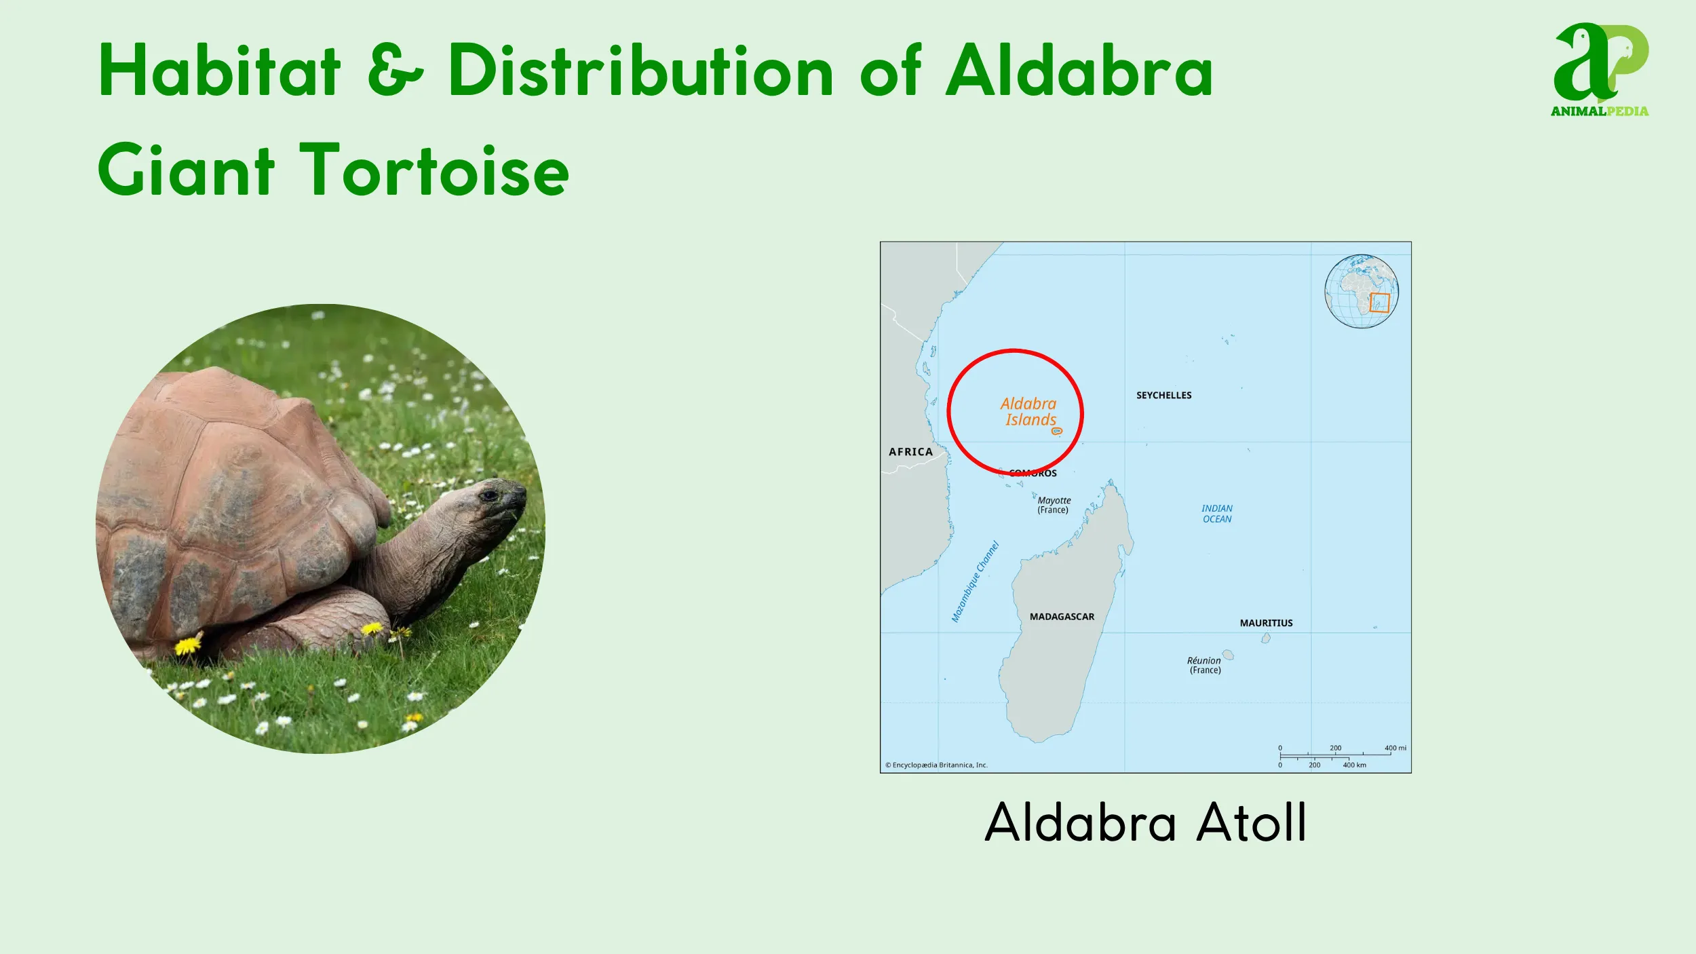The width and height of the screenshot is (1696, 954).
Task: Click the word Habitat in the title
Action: coord(219,71)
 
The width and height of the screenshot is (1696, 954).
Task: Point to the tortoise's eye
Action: coord(488,496)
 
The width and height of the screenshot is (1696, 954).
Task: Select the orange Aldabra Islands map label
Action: coord(1029,412)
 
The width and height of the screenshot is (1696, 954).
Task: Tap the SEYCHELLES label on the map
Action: coord(1163,396)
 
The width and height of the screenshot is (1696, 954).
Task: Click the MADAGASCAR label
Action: coord(1062,617)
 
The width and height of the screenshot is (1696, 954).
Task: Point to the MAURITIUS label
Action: coord(1266,623)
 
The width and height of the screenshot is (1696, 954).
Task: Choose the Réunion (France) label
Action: coord(1204,665)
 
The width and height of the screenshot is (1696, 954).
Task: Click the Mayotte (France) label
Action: coord(1054,505)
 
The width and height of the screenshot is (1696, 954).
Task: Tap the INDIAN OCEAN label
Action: coord(1217,514)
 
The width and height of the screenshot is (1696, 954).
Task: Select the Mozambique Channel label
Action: coord(975,581)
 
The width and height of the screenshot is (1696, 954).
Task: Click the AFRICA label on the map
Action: coord(910,452)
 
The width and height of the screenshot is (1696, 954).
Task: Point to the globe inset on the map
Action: coord(1362,292)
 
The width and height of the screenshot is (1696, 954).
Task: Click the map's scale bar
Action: coord(1334,756)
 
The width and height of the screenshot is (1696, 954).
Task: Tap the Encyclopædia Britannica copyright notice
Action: coord(936,765)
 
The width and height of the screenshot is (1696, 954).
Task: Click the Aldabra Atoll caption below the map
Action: coord(1145,822)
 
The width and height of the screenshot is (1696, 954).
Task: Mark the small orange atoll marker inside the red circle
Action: coord(1056,431)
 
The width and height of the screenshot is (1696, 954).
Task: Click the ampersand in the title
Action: coord(395,71)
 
